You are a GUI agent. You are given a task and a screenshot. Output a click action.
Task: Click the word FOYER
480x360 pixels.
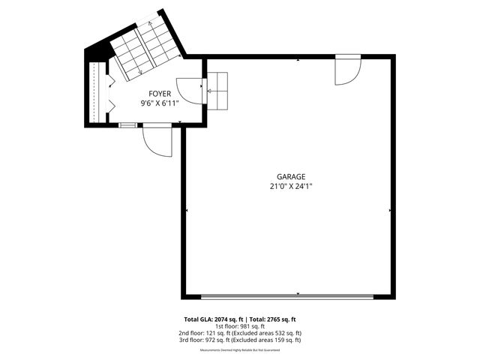[x=160, y=94]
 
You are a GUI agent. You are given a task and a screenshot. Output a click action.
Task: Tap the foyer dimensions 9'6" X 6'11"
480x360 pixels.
[x=160, y=103]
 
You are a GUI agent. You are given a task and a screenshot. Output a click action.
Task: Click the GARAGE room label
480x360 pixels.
[x=290, y=176]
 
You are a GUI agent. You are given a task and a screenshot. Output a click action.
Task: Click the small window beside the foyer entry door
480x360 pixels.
[x=128, y=124]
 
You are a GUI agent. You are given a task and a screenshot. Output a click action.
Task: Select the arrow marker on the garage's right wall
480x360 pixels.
[x=391, y=211]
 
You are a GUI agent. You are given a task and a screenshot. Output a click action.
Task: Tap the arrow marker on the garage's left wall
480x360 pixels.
[x=185, y=211]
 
